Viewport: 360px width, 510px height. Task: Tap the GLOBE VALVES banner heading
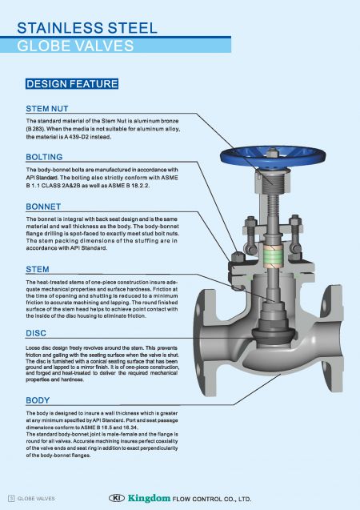(76, 46)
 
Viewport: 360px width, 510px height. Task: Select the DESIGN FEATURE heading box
(72, 83)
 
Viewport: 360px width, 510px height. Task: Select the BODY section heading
(38, 400)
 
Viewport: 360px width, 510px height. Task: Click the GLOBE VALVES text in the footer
(37, 498)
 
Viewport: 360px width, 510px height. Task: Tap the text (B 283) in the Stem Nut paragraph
(38, 128)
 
